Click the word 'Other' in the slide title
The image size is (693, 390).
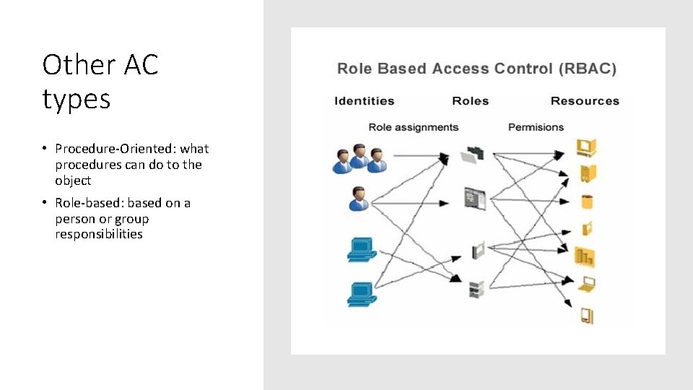pyautogui.click(x=74, y=65)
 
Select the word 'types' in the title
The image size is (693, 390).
pyautogui.click(x=77, y=99)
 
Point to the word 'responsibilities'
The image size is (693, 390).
pyautogui.click(x=99, y=234)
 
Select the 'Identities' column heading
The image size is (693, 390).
pyautogui.click(x=365, y=101)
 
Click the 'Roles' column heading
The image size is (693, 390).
pyautogui.click(x=470, y=101)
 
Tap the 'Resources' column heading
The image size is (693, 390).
pyautogui.click(x=585, y=101)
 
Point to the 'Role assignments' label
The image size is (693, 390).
pyautogui.click(x=413, y=127)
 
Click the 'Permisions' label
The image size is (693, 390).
pyautogui.click(x=536, y=127)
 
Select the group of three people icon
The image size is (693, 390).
pyautogui.click(x=358, y=158)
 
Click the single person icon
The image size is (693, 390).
pyautogui.click(x=358, y=199)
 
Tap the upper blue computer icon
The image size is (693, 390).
pyautogui.click(x=361, y=249)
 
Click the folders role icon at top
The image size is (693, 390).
pyautogui.click(x=473, y=154)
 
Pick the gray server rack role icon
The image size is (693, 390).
pyautogui.click(x=474, y=289)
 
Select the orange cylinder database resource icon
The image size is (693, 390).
pyautogui.click(x=586, y=201)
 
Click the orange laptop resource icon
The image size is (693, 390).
pyautogui.click(x=586, y=283)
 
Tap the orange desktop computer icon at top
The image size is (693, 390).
pyautogui.click(x=585, y=148)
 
